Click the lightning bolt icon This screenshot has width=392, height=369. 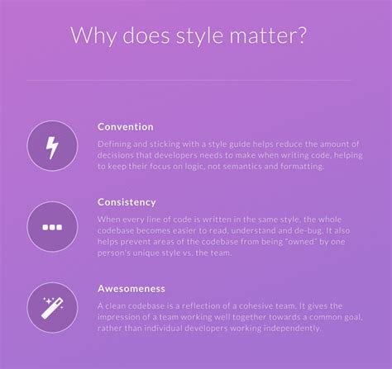coord(52,146)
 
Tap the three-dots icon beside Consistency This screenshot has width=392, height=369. coord(52,225)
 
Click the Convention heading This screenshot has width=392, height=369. coord(125,126)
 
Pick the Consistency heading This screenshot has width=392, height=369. coord(127,201)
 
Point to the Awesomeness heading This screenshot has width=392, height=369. coord(131,289)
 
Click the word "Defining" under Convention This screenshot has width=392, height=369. coord(115,143)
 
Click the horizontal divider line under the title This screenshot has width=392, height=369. coord(196,80)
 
